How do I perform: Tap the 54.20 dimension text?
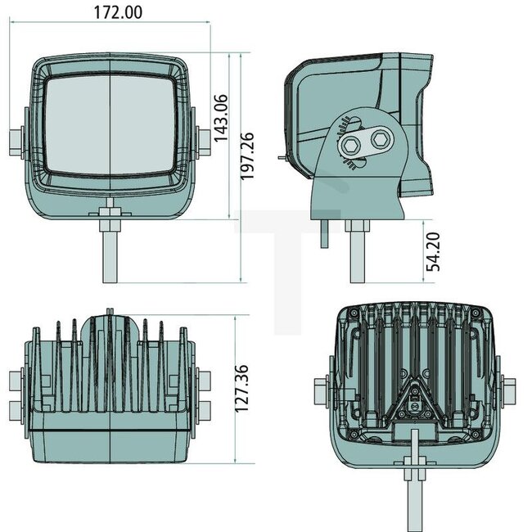[435, 250]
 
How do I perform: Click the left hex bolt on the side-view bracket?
[350, 142]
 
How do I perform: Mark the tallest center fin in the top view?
[110, 360]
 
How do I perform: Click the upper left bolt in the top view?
[16, 381]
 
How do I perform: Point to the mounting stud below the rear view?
[417, 491]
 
